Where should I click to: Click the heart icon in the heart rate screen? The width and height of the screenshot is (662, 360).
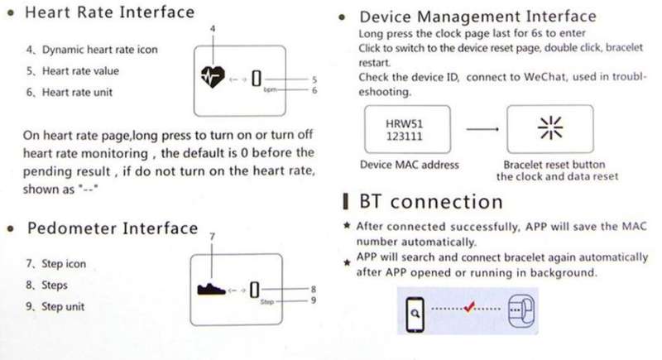(x=213, y=77)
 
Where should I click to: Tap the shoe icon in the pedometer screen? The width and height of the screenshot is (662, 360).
(x=211, y=289)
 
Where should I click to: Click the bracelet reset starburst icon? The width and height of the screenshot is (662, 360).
(x=550, y=127)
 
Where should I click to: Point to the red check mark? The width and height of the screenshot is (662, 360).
(x=469, y=307)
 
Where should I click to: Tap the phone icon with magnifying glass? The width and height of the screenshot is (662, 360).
(x=415, y=314)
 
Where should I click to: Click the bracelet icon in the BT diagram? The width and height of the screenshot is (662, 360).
(x=521, y=311)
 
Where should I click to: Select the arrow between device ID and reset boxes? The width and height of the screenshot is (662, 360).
(x=482, y=129)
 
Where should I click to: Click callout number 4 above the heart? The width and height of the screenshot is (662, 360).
(x=213, y=28)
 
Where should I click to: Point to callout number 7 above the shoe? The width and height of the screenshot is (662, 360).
(x=212, y=237)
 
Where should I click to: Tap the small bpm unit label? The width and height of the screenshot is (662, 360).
(x=270, y=90)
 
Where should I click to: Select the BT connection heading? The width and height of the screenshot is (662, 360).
(x=430, y=202)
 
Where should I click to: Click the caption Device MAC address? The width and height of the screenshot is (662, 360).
(x=409, y=165)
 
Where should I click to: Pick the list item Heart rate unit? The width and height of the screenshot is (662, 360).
(x=70, y=93)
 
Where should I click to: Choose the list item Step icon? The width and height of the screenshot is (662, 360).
(x=55, y=264)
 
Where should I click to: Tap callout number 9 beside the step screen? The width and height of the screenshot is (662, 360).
(x=314, y=300)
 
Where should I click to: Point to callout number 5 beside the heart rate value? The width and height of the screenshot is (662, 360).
(x=314, y=79)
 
